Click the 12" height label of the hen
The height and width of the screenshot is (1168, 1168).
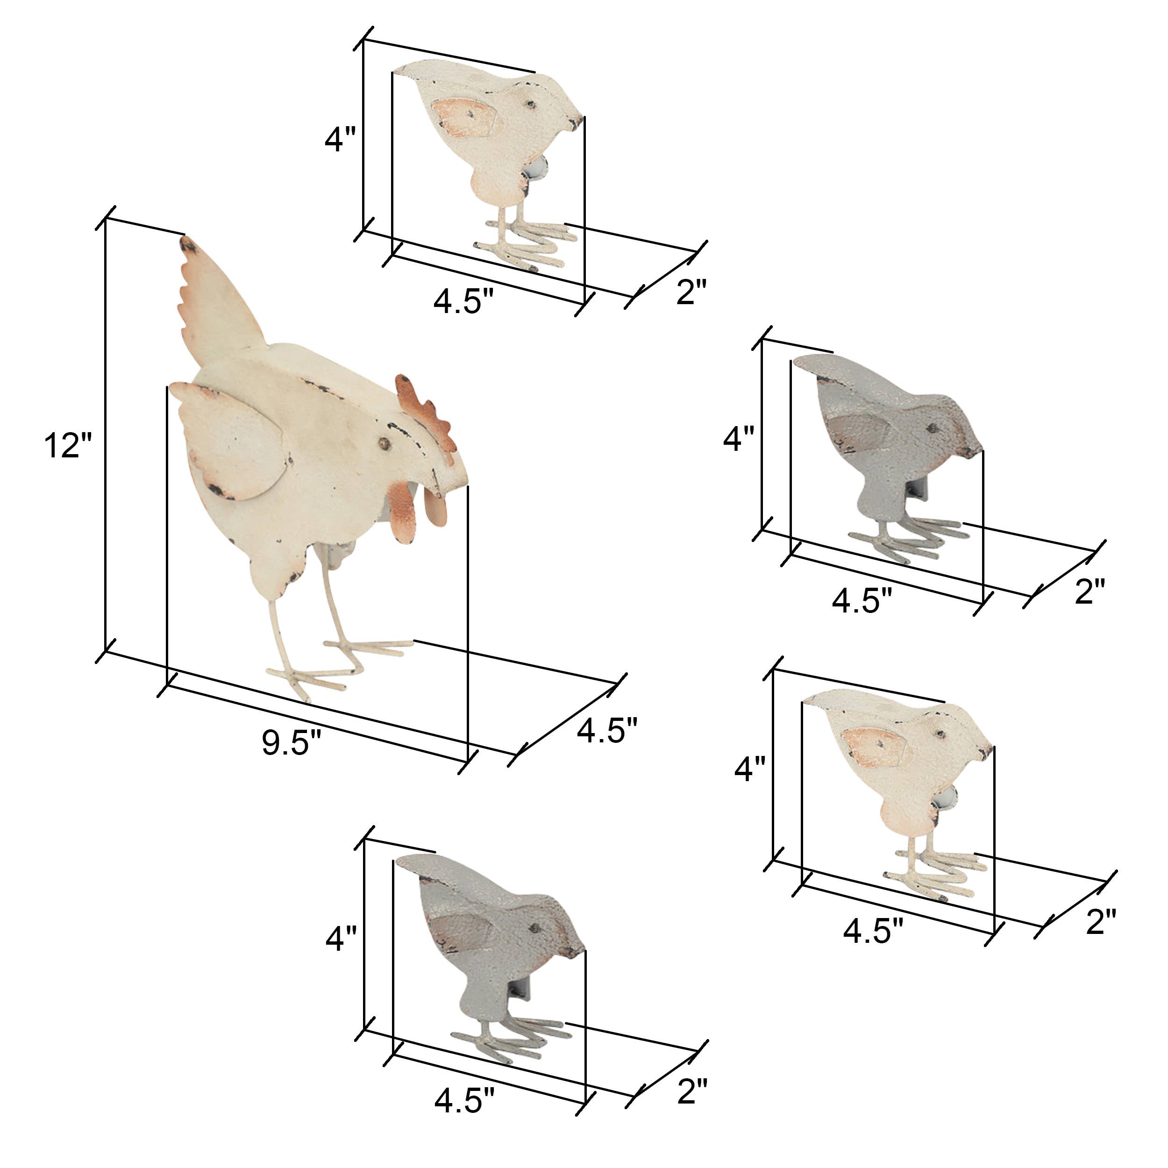(x=67, y=446)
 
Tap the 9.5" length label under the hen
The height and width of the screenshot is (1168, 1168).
(x=292, y=742)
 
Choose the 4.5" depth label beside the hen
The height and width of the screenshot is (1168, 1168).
(x=607, y=730)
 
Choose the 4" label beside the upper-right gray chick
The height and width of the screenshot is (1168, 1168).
(x=739, y=440)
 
